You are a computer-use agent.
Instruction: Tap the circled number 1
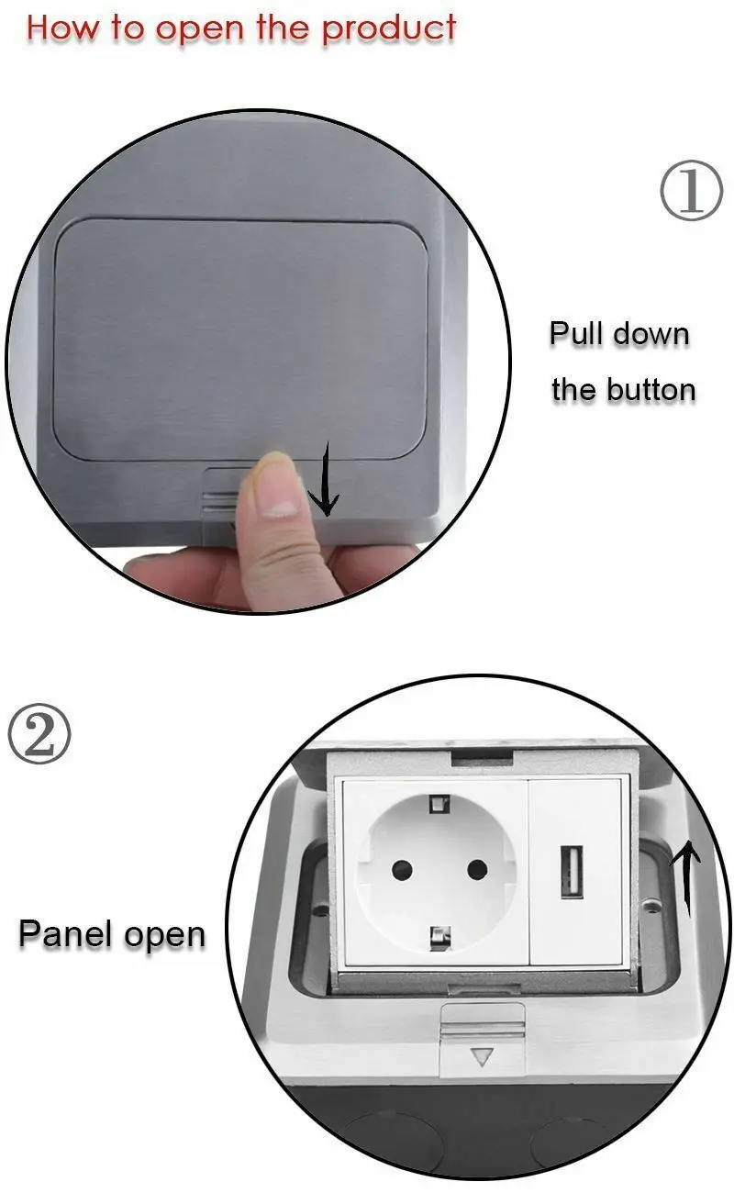pyautogui.click(x=691, y=194)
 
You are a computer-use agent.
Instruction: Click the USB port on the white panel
pyautogui.click(x=569, y=870)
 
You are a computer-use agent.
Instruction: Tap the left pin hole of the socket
pyautogui.click(x=400, y=868)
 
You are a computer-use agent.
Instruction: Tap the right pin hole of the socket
pyautogui.click(x=475, y=868)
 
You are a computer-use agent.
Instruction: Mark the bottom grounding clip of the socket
pyautogui.click(x=438, y=936)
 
